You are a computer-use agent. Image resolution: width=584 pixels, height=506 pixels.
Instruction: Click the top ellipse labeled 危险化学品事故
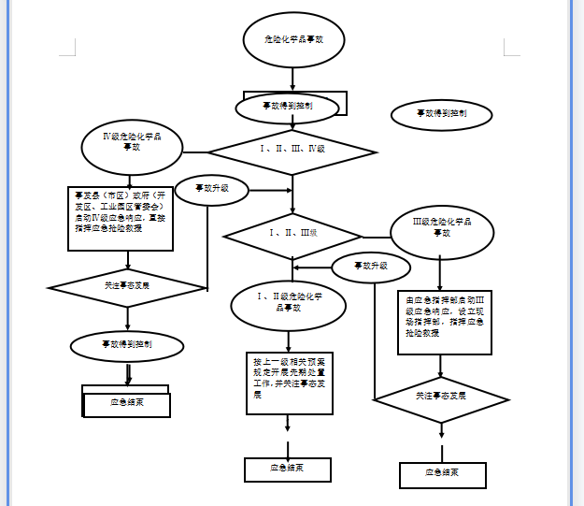tap(294, 40)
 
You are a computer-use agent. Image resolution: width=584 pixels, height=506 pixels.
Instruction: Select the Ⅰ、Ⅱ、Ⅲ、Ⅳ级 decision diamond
tap(292, 150)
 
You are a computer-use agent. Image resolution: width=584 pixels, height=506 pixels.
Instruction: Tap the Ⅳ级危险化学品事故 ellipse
tap(133, 143)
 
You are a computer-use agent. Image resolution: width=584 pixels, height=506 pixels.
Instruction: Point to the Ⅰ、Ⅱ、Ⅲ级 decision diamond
tap(293, 234)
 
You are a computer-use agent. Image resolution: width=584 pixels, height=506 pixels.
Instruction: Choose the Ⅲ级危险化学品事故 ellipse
tap(441, 228)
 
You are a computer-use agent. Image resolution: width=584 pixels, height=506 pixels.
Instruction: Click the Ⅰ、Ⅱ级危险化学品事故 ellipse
tap(289, 303)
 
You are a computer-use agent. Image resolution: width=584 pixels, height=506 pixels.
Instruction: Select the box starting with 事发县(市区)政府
tap(121, 218)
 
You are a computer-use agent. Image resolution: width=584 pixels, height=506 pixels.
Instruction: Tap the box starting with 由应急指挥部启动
tap(444, 321)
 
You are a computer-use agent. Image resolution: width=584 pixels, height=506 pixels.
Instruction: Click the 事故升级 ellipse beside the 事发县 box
tap(211, 189)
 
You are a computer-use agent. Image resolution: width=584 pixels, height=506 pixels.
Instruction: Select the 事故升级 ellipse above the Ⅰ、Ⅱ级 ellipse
tap(370, 266)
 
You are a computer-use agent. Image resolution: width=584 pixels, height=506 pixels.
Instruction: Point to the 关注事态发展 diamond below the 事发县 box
tap(127, 283)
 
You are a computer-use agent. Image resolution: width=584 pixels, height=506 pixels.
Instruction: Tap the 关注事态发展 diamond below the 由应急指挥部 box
tap(441, 398)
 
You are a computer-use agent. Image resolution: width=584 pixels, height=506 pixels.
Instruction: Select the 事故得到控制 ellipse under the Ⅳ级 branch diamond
tap(126, 344)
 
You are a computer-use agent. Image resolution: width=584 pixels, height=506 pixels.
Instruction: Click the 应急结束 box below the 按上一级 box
tap(288, 469)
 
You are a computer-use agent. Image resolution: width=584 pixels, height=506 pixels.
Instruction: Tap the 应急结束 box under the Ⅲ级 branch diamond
tap(442, 474)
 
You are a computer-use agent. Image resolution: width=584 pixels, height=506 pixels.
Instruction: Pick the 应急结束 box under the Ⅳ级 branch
tap(126, 403)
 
